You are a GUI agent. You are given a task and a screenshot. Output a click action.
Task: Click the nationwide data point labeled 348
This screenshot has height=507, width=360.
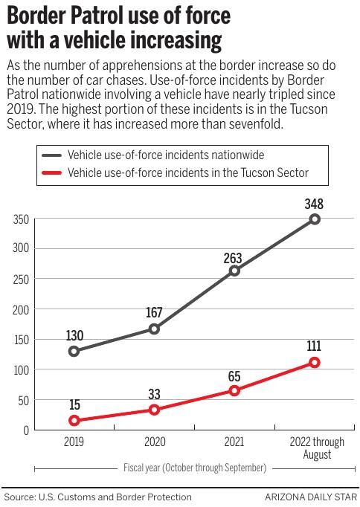[315, 219]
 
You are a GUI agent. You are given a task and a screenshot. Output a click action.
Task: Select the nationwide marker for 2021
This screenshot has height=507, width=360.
[234, 271]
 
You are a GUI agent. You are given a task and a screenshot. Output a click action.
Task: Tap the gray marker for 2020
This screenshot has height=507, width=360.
[154, 329]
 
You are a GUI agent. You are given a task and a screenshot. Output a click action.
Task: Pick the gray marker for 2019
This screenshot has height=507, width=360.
[74, 351]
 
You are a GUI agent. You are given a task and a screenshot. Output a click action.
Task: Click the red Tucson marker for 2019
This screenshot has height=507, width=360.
[74, 421]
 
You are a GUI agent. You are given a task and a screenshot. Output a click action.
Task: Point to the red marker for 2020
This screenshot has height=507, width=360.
[154, 410]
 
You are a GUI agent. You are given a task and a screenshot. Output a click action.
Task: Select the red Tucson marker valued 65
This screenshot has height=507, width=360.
[234, 390]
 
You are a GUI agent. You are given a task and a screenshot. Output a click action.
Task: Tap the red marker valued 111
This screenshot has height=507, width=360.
[315, 363]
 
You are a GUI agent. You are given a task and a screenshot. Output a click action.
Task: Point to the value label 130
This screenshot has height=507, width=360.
[74, 335]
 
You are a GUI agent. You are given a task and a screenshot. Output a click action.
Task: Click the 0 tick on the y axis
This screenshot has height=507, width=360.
[25, 430]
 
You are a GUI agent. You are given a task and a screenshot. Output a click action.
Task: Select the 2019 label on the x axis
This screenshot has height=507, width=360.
[74, 442]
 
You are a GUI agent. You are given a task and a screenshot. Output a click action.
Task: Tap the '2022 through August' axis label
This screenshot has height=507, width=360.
[315, 448]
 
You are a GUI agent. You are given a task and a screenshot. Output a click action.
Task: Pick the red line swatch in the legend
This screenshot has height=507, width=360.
[51, 173]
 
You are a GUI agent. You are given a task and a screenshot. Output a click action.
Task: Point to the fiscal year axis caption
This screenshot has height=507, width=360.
[194, 468]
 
